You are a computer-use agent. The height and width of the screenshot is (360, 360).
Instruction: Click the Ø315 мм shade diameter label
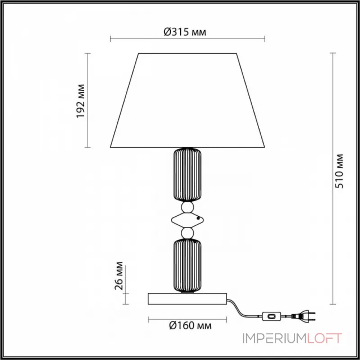coord(185,32)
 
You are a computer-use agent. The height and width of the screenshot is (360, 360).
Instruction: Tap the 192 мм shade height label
coord(81,101)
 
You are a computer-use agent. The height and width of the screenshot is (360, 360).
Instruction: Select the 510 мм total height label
coord(339,171)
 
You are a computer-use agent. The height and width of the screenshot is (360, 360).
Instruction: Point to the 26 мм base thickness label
coord(119,276)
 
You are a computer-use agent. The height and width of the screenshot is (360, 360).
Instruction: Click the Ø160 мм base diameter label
coord(190,325)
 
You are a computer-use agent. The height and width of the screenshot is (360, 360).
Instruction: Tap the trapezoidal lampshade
coord(187,100)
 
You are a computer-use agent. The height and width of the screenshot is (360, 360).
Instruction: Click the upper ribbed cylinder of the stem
coord(187,175)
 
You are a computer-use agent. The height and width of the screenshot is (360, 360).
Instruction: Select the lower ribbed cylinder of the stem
coord(187,265)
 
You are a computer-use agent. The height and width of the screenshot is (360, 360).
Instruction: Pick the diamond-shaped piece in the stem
coord(188,220)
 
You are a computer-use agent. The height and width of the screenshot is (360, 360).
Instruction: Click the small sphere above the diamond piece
coord(187,207)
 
